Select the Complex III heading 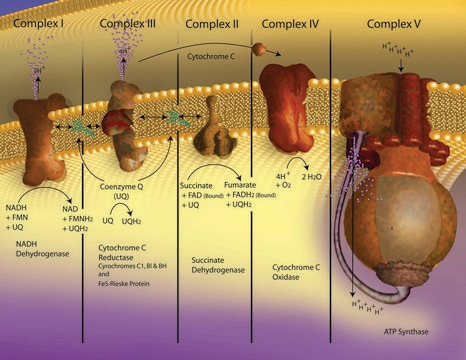pos(130,20)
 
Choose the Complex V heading pos(395,20)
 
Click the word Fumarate pos(243,174)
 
